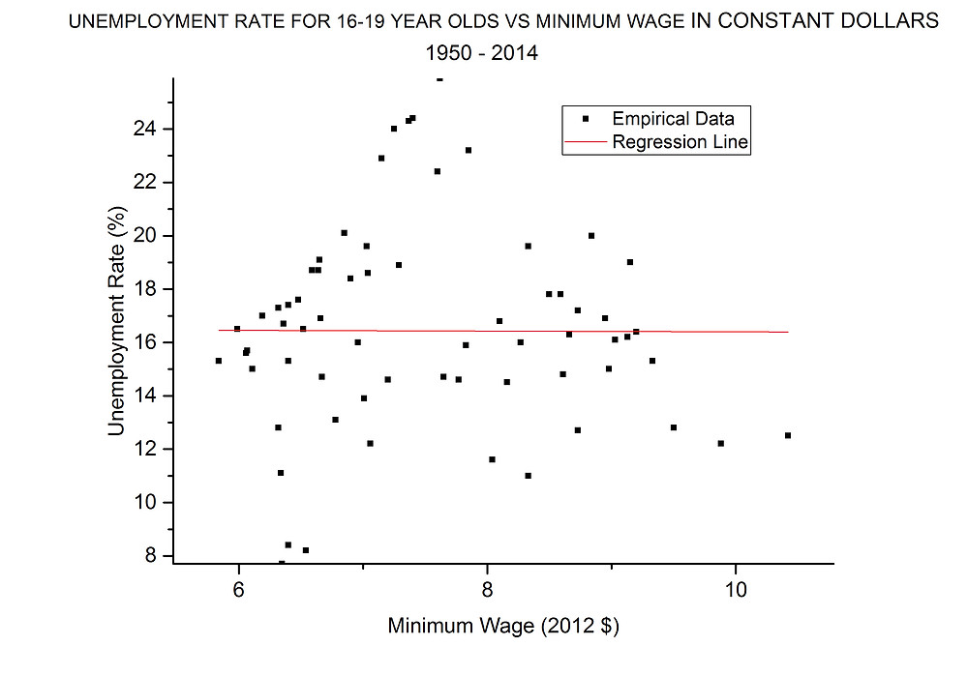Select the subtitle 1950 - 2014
(x=482, y=54)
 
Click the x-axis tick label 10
(x=735, y=588)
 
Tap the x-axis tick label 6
(x=238, y=588)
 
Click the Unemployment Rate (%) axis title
(x=117, y=320)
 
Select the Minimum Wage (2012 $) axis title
(x=502, y=626)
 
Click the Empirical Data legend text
(x=673, y=119)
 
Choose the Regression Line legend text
(x=681, y=142)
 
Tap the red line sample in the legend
(x=585, y=142)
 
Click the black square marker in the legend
(x=585, y=119)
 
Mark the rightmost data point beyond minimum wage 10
(x=787, y=435)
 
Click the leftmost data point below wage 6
(x=218, y=361)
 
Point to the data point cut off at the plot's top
(x=439, y=79)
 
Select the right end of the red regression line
(x=787, y=332)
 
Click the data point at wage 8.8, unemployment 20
(x=591, y=235)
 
